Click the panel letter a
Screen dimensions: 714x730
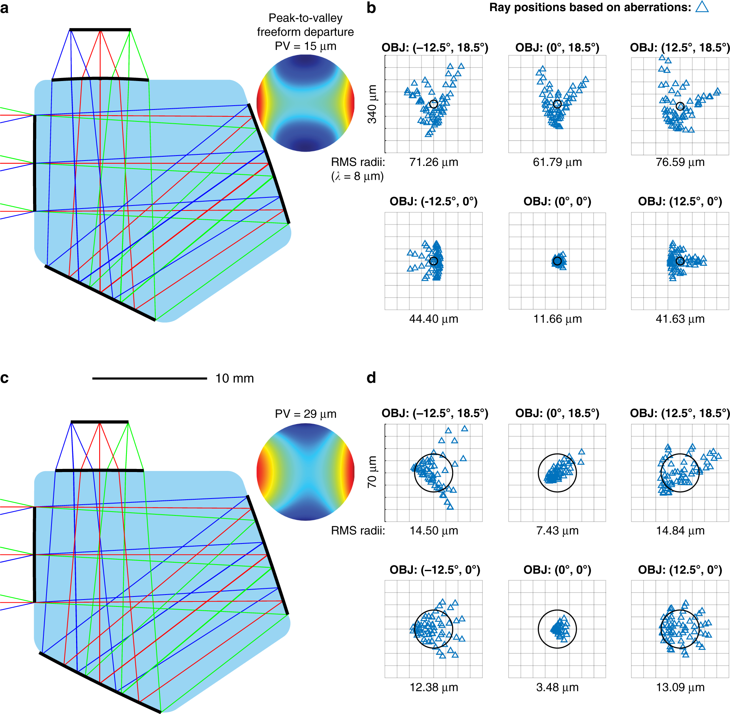[4, 8]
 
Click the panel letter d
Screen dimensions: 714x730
[371, 378]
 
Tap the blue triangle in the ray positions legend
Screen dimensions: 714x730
[702, 7]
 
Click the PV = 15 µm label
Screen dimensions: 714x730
[305, 46]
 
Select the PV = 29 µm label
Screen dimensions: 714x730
[305, 414]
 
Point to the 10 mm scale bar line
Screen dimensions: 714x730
[150, 378]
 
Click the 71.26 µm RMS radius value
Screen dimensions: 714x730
[434, 162]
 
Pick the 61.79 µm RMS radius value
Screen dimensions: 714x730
[557, 162]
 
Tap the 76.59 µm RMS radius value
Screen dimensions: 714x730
[680, 162]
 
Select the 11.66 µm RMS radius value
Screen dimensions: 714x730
[557, 319]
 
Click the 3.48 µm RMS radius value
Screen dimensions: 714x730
[557, 687]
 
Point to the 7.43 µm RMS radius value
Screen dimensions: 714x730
[557, 530]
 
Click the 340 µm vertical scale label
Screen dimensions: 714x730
[372, 104]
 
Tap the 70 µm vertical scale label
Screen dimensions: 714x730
[372, 472]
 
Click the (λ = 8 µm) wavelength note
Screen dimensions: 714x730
[358, 176]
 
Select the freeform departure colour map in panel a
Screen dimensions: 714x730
[305, 103]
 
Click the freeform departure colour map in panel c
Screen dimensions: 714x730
[305, 472]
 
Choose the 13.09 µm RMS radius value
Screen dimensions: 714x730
[680, 687]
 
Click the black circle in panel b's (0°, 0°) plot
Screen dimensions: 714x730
[557, 261]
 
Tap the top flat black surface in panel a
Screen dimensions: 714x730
[100, 30]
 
